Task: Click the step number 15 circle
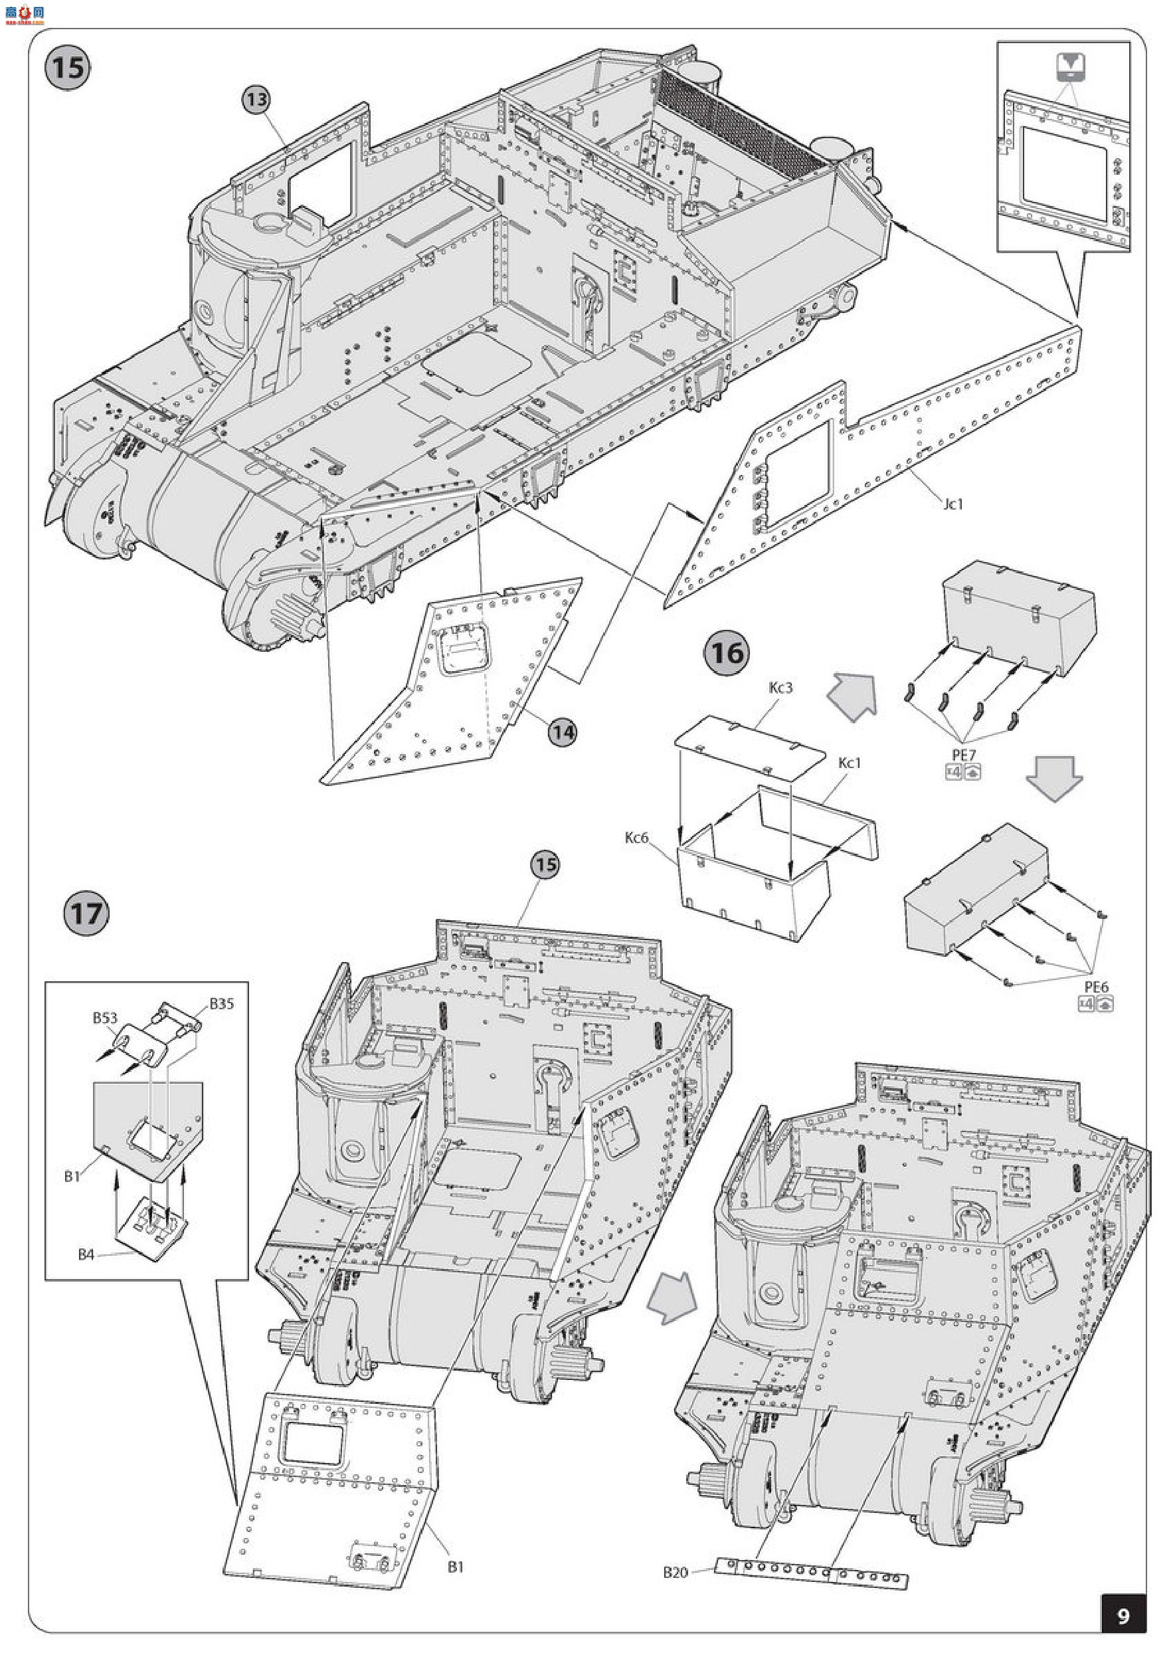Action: point(68,68)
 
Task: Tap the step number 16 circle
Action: point(727,653)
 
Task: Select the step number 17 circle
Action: point(86,913)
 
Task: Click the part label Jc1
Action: point(954,504)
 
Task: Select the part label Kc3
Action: point(781,688)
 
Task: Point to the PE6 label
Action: point(1096,987)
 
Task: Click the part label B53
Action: point(105,1019)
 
